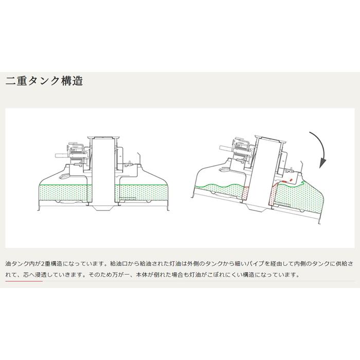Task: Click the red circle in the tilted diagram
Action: click(291, 180)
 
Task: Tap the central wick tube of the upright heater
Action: click(102, 170)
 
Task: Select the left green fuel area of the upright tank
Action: click(65, 195)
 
